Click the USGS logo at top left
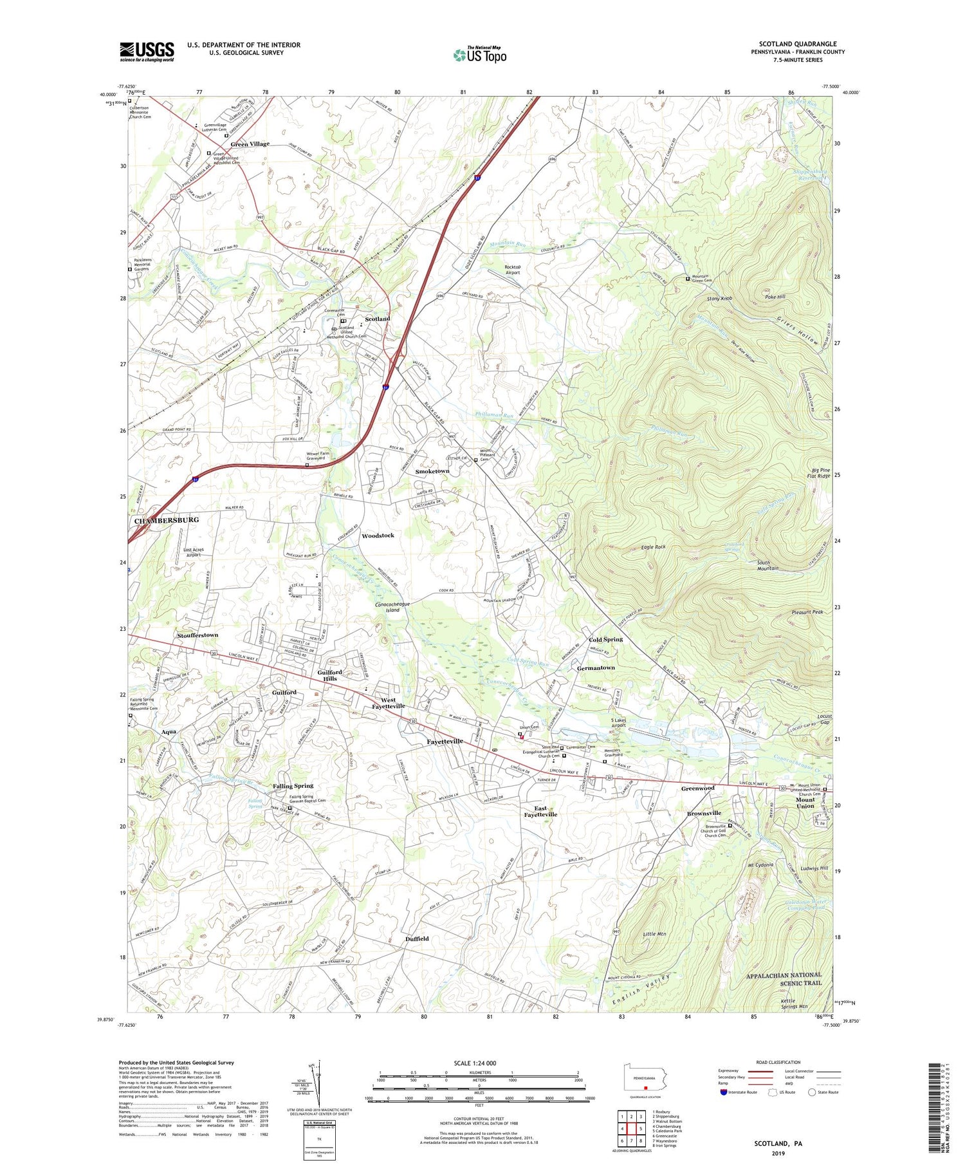tap(147, 51)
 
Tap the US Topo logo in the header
tap(479, 55)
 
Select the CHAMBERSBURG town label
tap(166, 519)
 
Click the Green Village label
tap(250, 144)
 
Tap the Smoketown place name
tap(432, 471)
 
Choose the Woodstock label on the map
tap(378, 536)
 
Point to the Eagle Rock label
tap(654, 546)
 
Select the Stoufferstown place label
tap(198, 635)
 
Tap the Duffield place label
tap(417, 938)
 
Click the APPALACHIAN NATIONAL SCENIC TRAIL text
tap(784, 979)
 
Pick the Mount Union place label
tap(805, 802)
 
